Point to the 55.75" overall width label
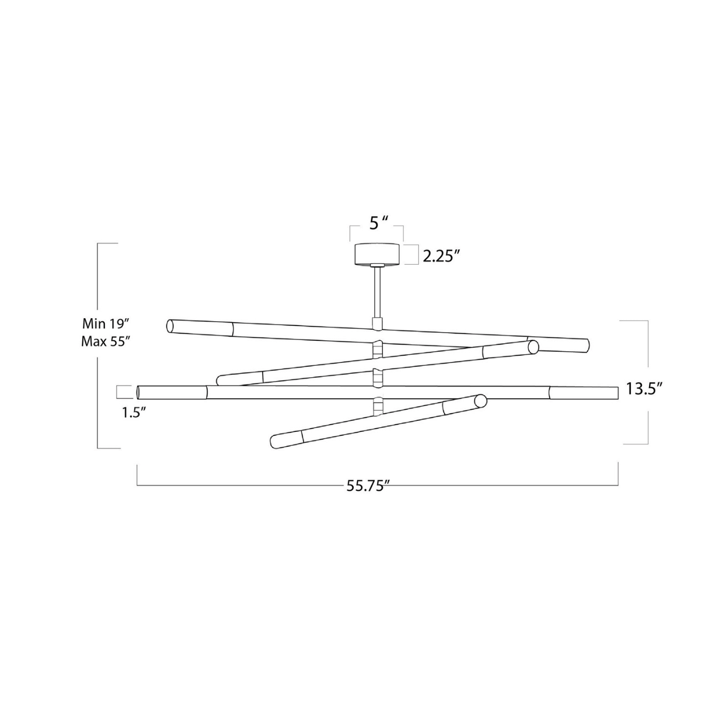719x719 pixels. pyautogui.click(x=367, y=487)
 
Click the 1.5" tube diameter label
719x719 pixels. pyautogui.click(x=134, y=413)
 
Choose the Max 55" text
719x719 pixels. pyautogui.click(x=106, y=342)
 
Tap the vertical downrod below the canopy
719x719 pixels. pyautogui.click(x=377, y=292)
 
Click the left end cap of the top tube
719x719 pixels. pyautogui.click(x=170, y=326)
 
